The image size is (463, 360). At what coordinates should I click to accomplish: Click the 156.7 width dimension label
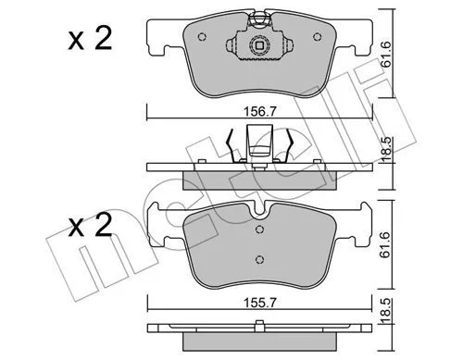pos(259,111)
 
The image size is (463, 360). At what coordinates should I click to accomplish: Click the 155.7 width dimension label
pos(259,303)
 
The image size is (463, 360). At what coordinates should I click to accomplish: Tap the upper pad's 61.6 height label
pos(385,54)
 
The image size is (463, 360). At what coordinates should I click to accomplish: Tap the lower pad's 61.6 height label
pos(385,245)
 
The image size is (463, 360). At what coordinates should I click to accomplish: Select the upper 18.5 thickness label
pos(385,150)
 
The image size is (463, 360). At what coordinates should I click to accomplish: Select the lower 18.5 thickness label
pos(385,311)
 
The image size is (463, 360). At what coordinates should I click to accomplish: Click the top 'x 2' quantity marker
pos(90,39)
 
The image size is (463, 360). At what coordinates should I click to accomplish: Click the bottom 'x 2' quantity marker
pos(90,226)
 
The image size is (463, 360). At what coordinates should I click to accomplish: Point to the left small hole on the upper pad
pos(202,37)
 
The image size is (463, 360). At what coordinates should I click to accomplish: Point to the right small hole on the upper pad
pos(317,37)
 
